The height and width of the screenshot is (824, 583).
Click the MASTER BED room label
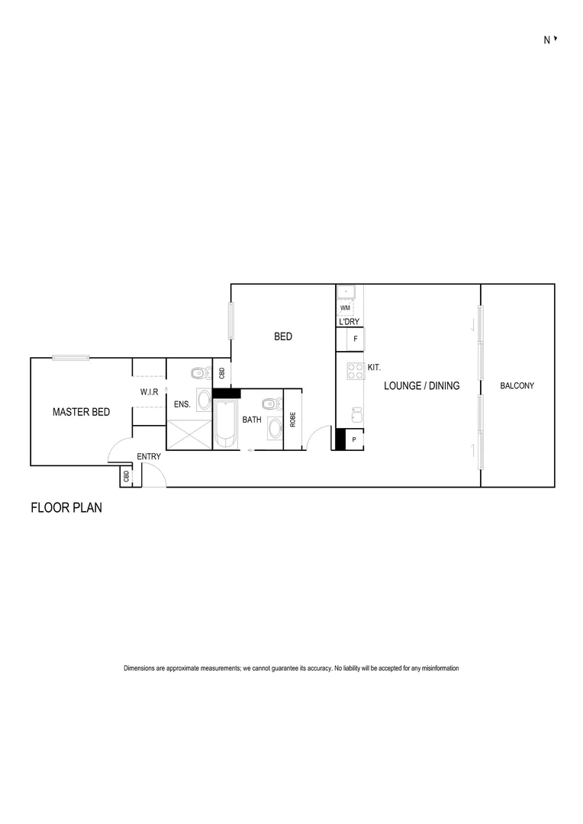point(81,412)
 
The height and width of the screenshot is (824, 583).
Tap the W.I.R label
point(149,392)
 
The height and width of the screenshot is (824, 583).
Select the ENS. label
point(182,404)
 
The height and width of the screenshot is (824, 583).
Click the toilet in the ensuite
point(198,373)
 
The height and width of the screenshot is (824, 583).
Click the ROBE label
point(293,419)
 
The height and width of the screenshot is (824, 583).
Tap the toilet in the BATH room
point(268,404)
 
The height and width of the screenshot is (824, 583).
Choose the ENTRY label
point(149,457)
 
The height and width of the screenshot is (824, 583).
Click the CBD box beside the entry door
point(126,477)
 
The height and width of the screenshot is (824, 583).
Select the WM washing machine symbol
point(345,307)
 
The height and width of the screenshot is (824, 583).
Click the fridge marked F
point(355,338)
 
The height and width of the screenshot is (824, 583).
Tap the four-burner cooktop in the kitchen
point(355,371)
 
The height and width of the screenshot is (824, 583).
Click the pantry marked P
point(354,439)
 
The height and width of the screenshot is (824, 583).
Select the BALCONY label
point(517,386)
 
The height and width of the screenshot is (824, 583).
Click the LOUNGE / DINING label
point(421,386)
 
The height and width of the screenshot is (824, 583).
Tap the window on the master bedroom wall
point(71,357)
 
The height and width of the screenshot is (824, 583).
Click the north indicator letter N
point(546,41)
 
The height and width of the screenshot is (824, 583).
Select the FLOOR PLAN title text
point(66,507)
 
